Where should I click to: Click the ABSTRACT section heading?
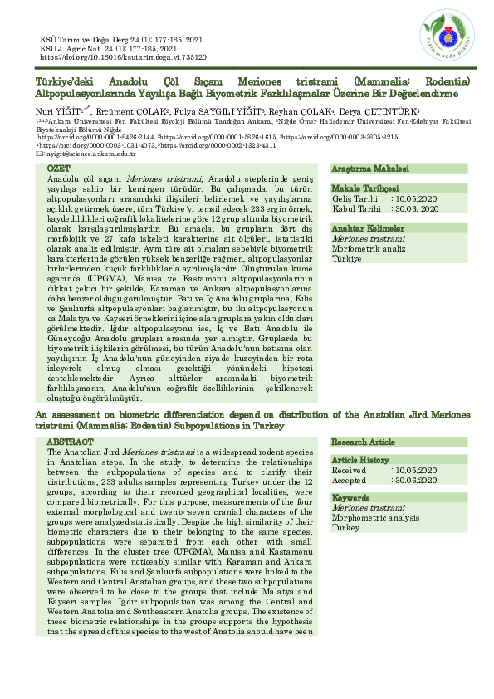click(x=70, y=442)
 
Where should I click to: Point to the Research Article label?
click(x=364, y=442)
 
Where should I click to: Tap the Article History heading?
click(x=360, y=459)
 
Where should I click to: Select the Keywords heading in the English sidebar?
click(x=351, y=498)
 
